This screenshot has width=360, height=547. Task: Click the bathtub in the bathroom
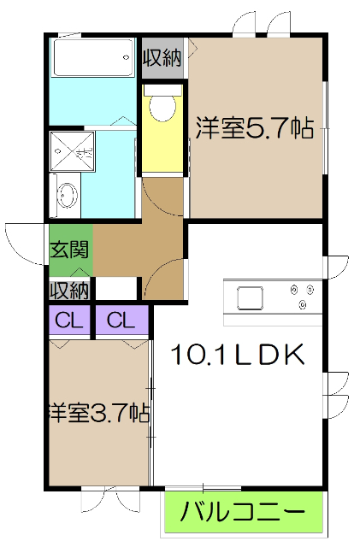[92, 59]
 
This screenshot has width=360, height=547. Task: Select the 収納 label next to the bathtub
[162, 58]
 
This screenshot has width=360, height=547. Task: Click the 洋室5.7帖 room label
[253, 128]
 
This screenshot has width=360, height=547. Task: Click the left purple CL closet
[69, 321]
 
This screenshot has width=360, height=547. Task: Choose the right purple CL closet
[121, 321]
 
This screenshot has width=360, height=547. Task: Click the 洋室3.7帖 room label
[99, 414]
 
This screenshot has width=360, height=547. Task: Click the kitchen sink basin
[250, 299]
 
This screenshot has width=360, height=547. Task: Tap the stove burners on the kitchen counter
[300, 296]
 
